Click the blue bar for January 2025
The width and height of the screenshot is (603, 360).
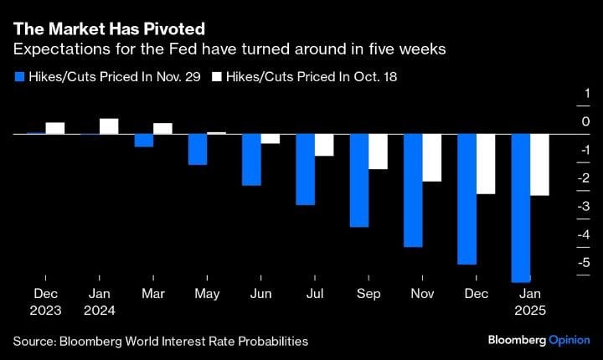[520, 208]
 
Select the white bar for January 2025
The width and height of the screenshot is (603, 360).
[540, 165]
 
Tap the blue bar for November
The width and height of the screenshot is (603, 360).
[413, 190]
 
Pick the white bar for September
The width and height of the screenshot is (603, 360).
[379, 152]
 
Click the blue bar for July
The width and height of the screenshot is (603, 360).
[305, 169]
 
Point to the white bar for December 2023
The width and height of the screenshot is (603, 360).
[55, 128]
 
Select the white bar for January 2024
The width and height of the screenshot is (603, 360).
[109, 126]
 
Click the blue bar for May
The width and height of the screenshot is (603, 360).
[198, 149]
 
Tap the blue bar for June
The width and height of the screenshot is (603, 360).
[251, 159]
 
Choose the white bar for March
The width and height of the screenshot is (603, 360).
[162, 128]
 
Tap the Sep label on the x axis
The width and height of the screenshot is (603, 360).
[368, 294]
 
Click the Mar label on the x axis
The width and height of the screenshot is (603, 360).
[153, 294]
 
